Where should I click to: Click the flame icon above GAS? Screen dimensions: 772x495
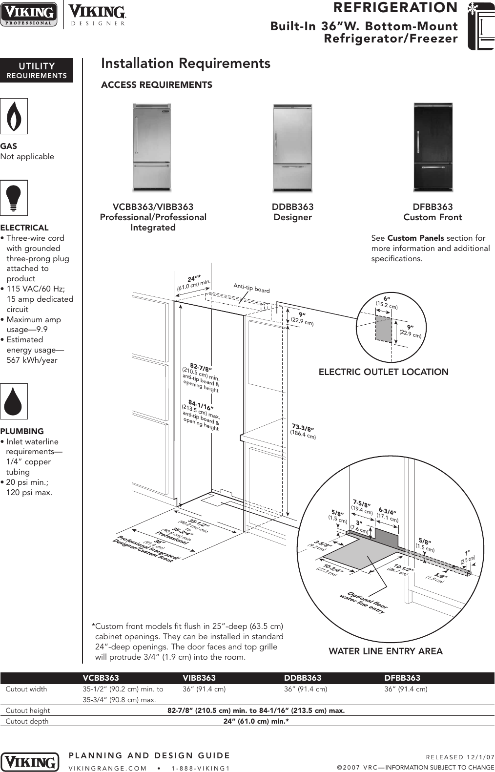pos(14,116)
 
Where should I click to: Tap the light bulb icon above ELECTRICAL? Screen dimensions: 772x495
pos(14,198)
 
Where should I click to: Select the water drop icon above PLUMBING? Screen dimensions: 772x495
pos(14,401)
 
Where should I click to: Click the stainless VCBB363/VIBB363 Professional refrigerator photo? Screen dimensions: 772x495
pos(152,147)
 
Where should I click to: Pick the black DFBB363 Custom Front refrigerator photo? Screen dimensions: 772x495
pos(433,147)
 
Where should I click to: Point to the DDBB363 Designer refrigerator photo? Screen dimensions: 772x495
pos(292,147)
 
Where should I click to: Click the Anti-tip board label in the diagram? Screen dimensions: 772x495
pos(251,289)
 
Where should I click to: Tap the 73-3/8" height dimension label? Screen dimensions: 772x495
pos(303,431)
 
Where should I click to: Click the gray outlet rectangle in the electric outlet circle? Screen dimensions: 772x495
pos(383,328)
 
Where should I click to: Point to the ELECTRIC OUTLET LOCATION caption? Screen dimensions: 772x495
pos(383,372)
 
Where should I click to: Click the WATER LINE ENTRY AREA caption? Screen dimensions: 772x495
pos(386,651)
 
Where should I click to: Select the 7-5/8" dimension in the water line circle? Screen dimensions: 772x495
pos(362,503)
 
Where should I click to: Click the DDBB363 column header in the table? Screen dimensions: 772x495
pos(303,678)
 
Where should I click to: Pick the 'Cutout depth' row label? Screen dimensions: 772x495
pos(27,721)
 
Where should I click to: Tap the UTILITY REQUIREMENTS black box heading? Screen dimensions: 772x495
pos(37,70)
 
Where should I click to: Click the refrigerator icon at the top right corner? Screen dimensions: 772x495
pos(480,25)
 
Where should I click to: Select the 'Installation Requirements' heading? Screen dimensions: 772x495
pos(186,63)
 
